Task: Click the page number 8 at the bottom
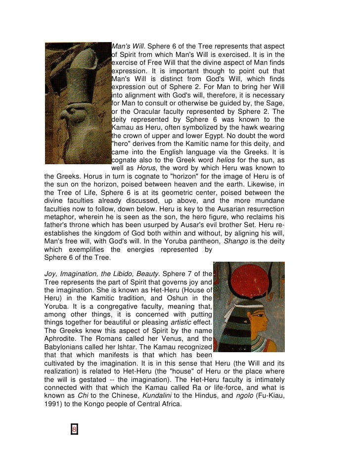coord(74,429)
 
